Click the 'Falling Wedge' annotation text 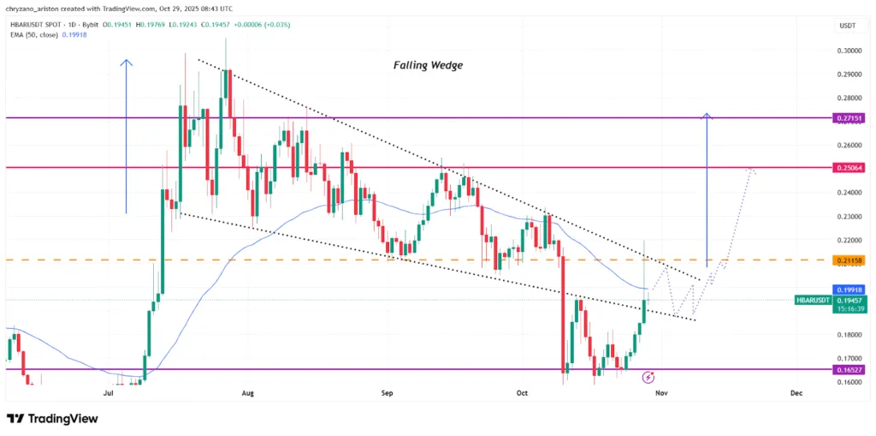[x=428, y=65]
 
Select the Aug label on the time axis [x=248, y=393]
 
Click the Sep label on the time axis [x=387, y=393]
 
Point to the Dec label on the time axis [x=796, y=393]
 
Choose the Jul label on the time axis [x=109, y=393]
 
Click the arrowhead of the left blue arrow [x=127, y=62]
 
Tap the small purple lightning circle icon [x=648, y=376]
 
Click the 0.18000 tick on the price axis [x=848, y=335]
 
